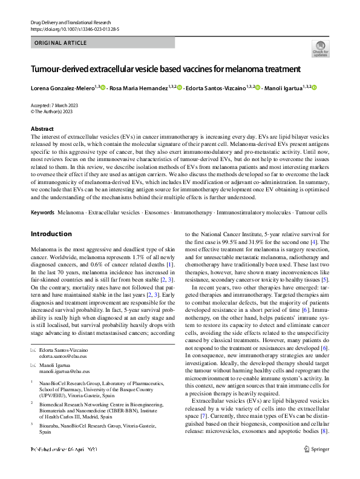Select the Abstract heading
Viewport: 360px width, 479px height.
click(x=43, y=129)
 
